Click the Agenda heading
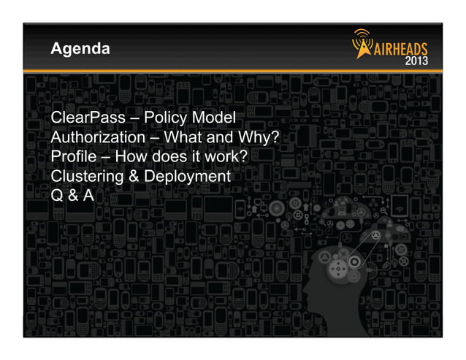pyautogui.click(x=80, y=50)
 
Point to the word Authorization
pyautogui.click(x=98, y=137)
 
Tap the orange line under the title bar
pyautogui.click(x=233, y=72)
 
